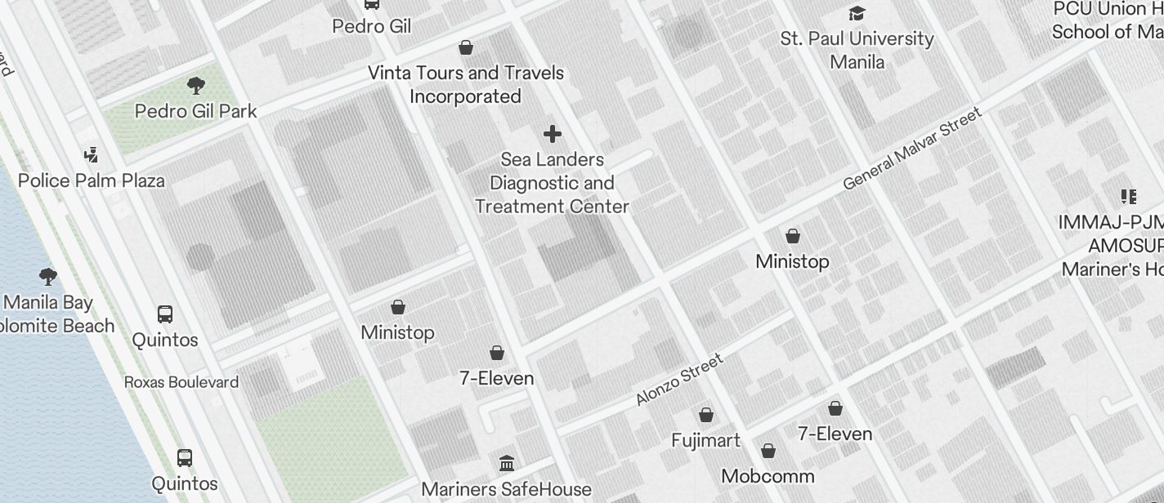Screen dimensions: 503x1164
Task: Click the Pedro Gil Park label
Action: [x=195, y=111]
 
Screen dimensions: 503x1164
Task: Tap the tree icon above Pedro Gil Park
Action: [x=195, y=85]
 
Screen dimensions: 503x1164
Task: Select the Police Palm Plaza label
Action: [x=91, y=180]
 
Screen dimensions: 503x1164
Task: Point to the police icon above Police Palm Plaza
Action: [x=92, y=154]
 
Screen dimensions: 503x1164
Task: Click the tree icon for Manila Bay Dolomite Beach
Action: [x=48, y=276]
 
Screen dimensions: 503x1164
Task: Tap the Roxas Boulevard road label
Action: [x=181, y=382]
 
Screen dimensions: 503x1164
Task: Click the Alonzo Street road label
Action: [x=679, y=379]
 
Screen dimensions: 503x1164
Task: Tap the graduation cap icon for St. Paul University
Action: [x=857, y=13]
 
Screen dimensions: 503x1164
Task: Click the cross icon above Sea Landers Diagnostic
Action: [x=553, y=133]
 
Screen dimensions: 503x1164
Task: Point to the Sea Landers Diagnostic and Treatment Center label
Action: [x=553, y=183]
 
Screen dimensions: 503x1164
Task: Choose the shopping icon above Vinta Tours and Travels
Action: [x=466, y=47]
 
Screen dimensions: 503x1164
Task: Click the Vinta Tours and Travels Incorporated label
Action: [x=466, y=84]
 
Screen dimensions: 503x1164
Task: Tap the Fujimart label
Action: [x=705, y=440]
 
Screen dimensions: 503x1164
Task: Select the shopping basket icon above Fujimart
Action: [x=706, y=415]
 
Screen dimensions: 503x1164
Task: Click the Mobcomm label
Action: [x=768, y=475]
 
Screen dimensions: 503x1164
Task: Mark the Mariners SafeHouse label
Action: [x=506, y=489]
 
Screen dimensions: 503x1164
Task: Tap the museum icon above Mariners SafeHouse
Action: [x=507, y=464]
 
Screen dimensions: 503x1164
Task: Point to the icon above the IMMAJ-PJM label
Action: [x=1129, y=196]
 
